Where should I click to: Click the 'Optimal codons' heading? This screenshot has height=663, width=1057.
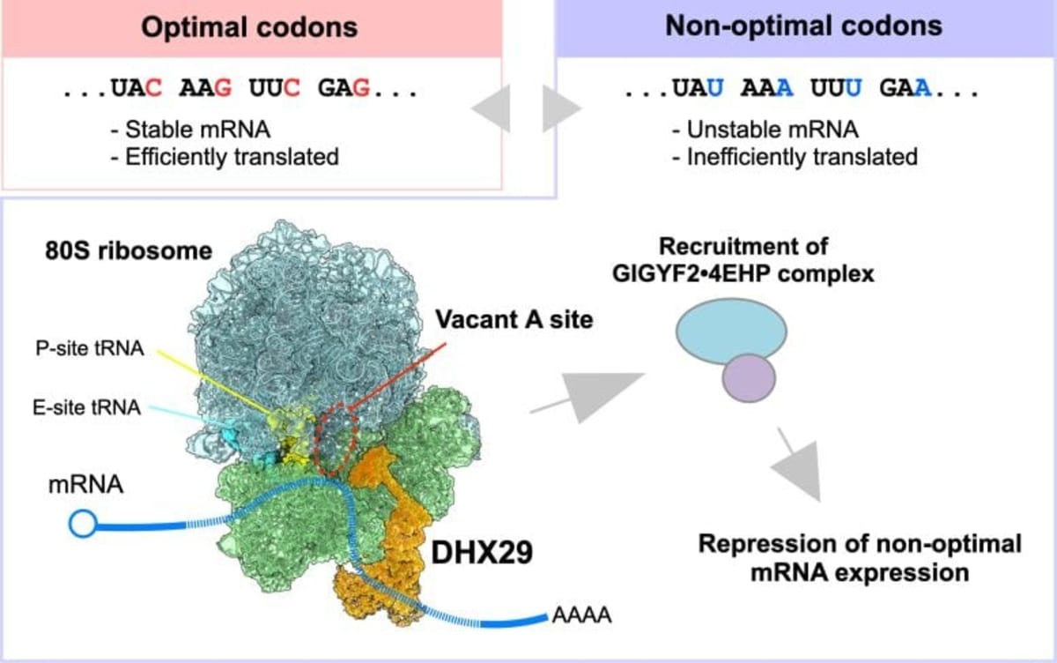pyautogui.click(x=251, y=26)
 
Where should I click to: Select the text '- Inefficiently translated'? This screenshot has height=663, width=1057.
pyautogui.click(x=794, y=158)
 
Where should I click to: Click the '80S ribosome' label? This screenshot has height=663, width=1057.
pyautogui.click(x=129, y=250)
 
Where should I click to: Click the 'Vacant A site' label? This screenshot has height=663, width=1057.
pyautogui.click(x=514, y=321)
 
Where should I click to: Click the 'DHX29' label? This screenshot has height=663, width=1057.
pyautogui.click(x=474, y=552)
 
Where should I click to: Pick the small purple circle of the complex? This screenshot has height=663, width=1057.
pyautogui.click(x=749, y=377)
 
